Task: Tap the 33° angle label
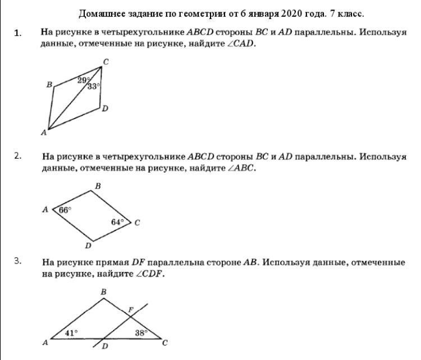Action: tap(94, 86)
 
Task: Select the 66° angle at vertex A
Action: tap(65, 210)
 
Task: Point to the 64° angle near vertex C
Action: tap(117, 222)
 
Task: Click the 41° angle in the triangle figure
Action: tap(71, 333)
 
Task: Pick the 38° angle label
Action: tap(141, 333)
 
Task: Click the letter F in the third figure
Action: tap(131, 310)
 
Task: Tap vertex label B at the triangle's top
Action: tap(103, 292)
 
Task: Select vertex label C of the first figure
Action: tap(105, 61)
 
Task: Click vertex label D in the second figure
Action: tap(88, 246)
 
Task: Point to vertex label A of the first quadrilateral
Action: tap(44, 133)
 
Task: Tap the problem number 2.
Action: tap(18, 156)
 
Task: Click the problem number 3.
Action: tap(18, 261)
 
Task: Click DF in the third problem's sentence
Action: tap(139, 262)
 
